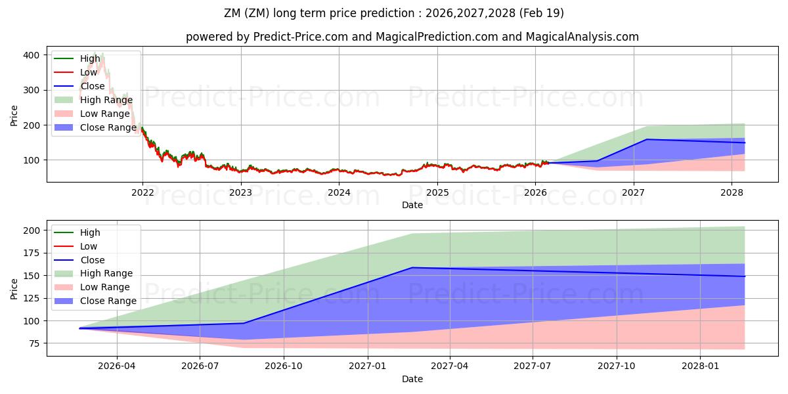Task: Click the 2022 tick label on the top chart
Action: [x=142, y=192]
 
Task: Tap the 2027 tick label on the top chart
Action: [x=634, y=192]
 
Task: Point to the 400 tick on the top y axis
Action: [x=32, y=55]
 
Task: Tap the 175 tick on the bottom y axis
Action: [x=32, y=253]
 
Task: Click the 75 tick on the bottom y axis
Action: [x=34, y=343]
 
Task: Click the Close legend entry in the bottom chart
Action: [x=92, y=260]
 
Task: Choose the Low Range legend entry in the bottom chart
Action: [x=105, y=287]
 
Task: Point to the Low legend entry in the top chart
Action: [x=89, y=72]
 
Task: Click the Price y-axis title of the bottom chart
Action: [x=14, y=288]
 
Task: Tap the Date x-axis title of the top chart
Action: [x=412, y=205]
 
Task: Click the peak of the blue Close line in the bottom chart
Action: [x=412, y=267]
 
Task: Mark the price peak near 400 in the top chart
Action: [x=102, y=54]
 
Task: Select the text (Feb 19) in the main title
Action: [x=540, y=13]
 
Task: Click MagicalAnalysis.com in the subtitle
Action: [x=582, y=37]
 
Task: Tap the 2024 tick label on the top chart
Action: [x=339, y=192]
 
